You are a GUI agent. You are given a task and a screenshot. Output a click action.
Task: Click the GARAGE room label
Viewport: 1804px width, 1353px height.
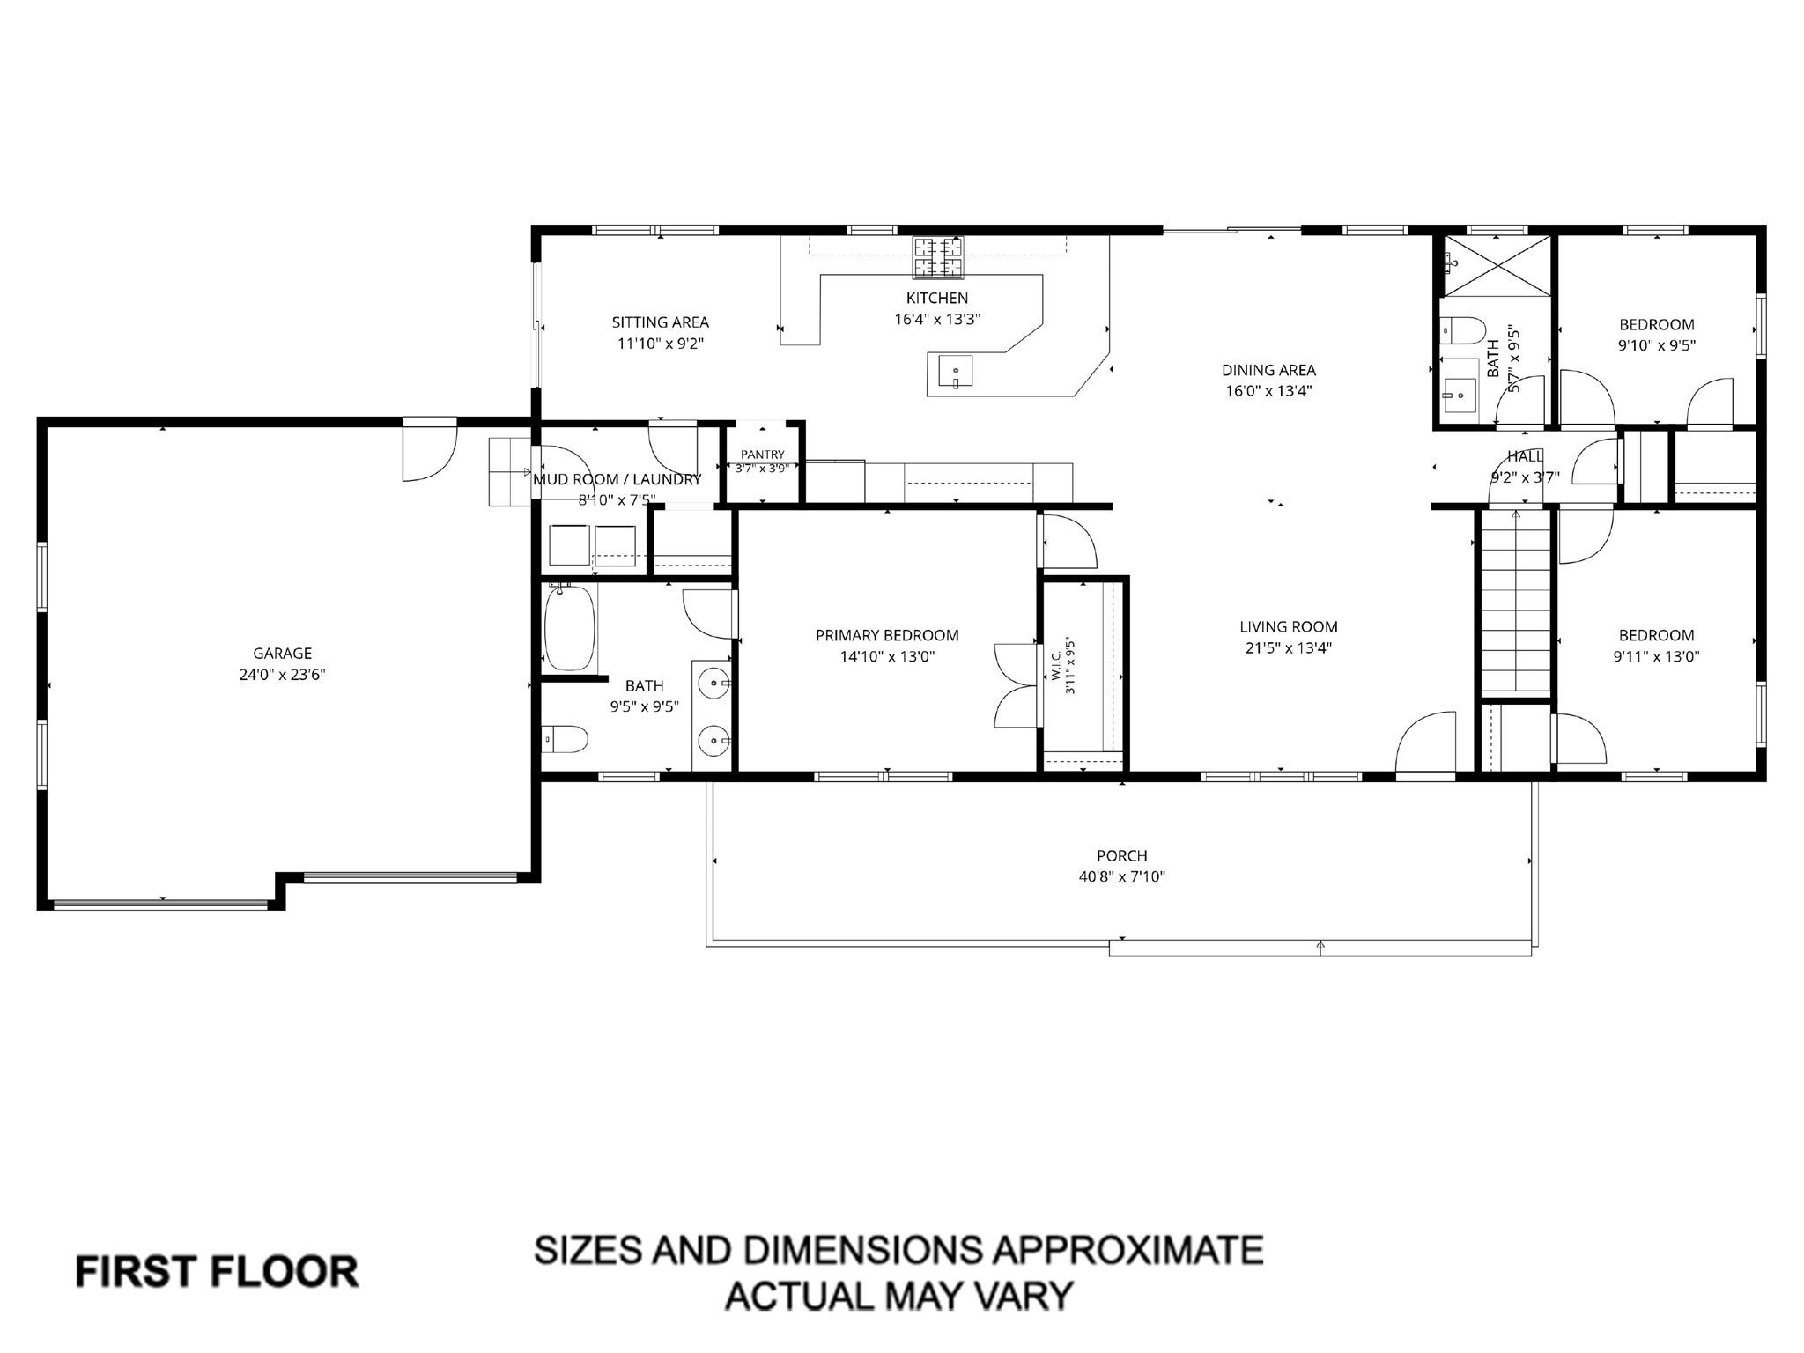[x=283, y=654]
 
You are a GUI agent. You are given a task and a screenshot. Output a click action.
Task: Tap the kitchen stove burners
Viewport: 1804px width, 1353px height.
[x=937, y=255]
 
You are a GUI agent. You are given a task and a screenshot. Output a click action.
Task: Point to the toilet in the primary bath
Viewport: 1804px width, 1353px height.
[x=566, y=740]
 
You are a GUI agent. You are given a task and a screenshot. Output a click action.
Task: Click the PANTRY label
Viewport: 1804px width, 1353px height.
[x=762, y=455]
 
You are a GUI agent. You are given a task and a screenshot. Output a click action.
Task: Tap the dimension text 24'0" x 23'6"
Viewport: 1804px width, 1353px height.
[x=283, y=675]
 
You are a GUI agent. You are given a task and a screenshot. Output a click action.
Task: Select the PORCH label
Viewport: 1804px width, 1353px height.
[x=1122, y=855]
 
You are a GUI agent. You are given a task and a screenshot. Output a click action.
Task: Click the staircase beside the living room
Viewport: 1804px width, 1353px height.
[x=1515, y=606]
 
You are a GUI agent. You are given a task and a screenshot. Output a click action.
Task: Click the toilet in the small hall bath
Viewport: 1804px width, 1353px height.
[x=1462, y=330]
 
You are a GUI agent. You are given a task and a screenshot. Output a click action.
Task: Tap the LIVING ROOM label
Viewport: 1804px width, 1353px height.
[x=1289, y=627]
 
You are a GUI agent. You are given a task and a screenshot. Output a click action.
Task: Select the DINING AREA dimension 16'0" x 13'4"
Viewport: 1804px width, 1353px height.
[x=1268, y=391]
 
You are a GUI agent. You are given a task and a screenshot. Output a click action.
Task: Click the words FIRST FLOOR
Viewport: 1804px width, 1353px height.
[x=217, y=1272]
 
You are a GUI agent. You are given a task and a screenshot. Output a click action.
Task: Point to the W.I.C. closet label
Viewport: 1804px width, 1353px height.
[x=1058, y=666]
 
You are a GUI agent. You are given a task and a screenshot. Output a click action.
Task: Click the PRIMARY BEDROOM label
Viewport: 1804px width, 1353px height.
[x=887, y=635]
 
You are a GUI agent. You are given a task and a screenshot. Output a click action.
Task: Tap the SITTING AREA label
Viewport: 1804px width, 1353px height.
[x=661, y=322]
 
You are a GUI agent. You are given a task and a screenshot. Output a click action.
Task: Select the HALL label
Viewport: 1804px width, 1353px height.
[x=1525, y=456]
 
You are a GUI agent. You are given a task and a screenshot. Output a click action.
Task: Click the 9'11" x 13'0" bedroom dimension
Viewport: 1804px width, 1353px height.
[x=1656, y=656]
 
